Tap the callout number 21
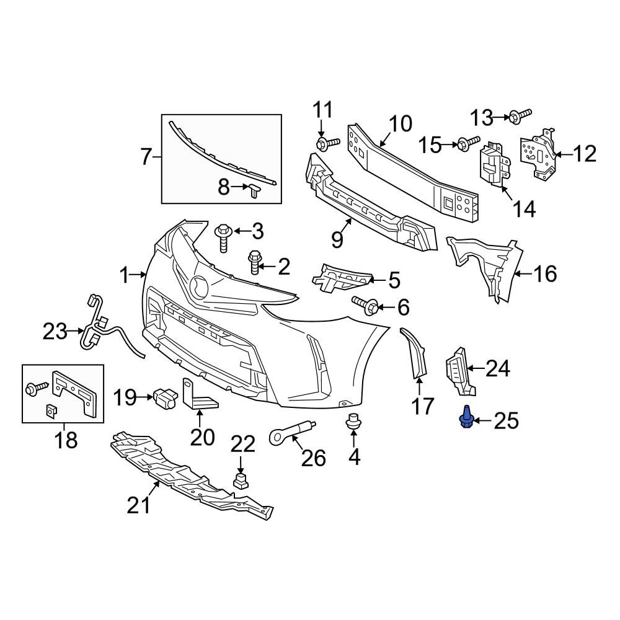(139, 506)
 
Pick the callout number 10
(401, 123)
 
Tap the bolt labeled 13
(520, 115)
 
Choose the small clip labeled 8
(255, 189)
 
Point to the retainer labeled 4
(354, 423)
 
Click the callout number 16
(546, 273)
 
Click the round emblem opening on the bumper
(200, 286)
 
